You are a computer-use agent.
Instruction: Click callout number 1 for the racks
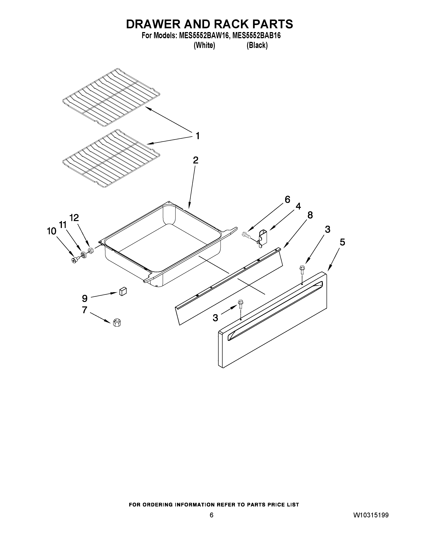point(197,136)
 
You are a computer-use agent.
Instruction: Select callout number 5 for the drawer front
point(342,242)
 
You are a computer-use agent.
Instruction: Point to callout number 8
point(310,215)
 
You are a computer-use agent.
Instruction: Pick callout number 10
point(51,231)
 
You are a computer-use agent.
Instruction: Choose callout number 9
point(85,298)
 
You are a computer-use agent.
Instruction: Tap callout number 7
point(85,310)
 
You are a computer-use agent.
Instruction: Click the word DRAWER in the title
point(153,24)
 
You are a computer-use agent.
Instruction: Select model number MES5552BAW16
point(204,36)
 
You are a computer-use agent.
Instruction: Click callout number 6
point(287,200)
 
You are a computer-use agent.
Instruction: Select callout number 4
point(298,206)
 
